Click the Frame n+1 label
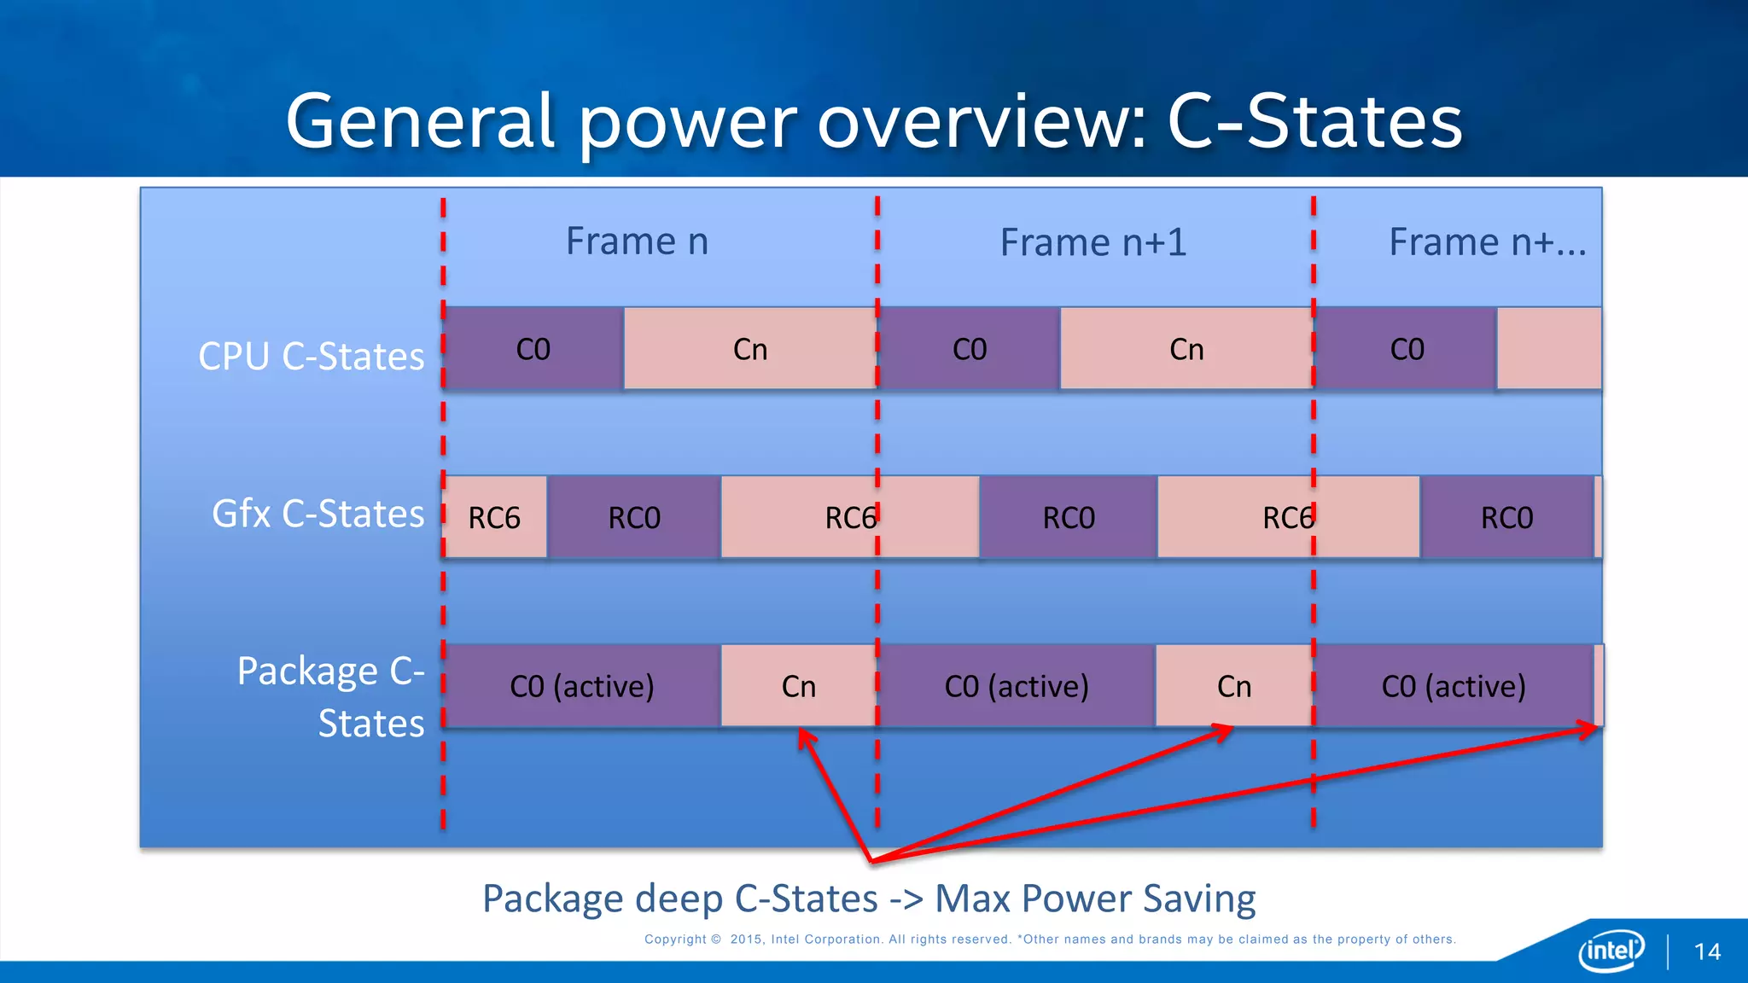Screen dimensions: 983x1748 (1093, 242)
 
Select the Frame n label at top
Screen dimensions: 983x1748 (637, 241)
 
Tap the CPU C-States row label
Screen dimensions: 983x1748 (311, 357)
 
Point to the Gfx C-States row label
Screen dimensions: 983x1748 (318, 515)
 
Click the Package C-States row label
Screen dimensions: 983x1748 (331, 696)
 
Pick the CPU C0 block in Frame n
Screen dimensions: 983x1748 (533, 349)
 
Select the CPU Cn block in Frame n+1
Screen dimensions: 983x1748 (1186, 349)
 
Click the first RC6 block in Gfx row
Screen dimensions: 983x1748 (495, 518)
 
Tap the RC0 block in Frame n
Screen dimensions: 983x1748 (634, 518)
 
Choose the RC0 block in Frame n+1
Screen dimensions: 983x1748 (1069, 518)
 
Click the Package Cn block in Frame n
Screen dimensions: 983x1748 (798, 686)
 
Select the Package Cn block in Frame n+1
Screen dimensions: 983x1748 (1233, 686)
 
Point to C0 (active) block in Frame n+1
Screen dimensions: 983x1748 (1016, 686)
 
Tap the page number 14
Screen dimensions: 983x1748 (1707, 952)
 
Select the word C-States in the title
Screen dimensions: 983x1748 (1314, 121)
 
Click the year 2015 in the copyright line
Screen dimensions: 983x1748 (746, 939)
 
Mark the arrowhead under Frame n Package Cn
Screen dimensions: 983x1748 (805, 736)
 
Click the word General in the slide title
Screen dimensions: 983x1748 (421, 121)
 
